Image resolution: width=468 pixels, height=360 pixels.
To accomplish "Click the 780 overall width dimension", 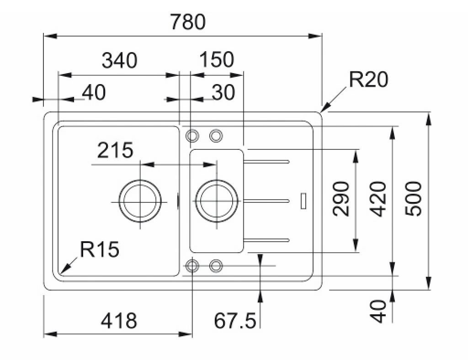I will point(188,22).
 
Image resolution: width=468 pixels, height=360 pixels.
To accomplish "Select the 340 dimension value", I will point(119,60).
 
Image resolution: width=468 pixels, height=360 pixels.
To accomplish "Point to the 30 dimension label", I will point(223,93).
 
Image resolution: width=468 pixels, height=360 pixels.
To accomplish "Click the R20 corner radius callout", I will point(368,80).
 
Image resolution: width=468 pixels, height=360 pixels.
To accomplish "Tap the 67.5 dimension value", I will point(235,321).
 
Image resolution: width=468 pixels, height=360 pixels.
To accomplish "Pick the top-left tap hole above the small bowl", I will point(192,135).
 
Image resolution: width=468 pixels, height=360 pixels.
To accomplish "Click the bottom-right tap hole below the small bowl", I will point(216,265).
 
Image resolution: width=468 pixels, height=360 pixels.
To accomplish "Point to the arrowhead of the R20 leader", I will point(324,110).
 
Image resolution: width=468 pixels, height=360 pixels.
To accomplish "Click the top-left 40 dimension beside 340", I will point(94,93).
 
